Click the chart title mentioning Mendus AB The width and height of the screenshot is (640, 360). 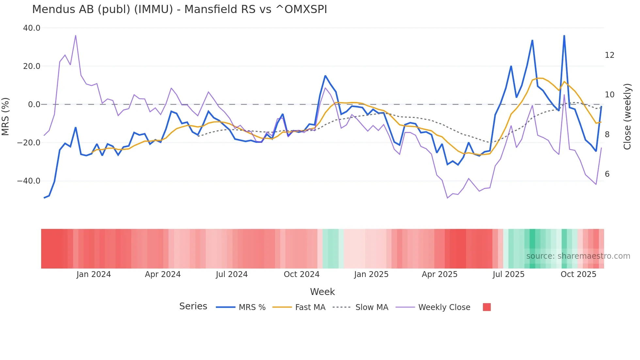[179, 9]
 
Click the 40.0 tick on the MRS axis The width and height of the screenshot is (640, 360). [32, 28]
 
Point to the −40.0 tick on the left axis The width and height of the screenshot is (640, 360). [29, 181]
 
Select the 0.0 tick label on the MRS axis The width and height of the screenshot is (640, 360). [34, 105]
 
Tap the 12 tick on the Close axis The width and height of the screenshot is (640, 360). [609, 55]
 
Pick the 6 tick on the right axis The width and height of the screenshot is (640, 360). [607, 174]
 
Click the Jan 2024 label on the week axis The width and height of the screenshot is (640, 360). [94, 274]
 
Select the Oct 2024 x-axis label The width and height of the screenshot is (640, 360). [301, 274]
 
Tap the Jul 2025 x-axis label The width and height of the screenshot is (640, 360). [508, 274]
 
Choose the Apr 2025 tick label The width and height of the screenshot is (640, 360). [440, 274]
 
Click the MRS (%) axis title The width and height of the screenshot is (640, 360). [6, 116]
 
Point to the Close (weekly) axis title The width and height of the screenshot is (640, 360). [627, 117]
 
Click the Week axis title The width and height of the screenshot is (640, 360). [322, 292]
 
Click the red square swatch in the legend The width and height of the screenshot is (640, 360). [487, 307]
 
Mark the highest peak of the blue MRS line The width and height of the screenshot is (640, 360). [564, 36]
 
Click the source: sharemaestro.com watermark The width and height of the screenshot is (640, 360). [578, 256]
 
